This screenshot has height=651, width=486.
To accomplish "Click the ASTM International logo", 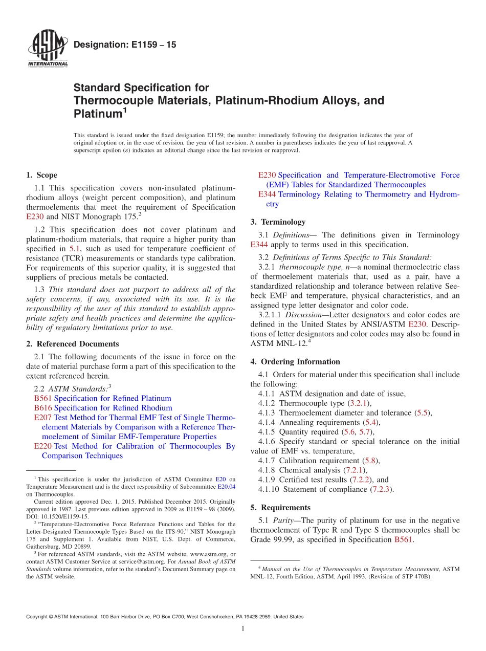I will (47, 49).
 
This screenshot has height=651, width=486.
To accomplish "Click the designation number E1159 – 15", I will (125, 45).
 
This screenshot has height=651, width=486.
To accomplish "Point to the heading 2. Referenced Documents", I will (72, 344).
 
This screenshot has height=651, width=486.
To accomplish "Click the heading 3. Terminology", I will (278, 222).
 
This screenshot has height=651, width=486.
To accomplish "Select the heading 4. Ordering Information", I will (295, 362).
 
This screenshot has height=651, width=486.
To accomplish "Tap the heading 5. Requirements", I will (280, 508).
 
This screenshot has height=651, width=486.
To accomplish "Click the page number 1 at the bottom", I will (243, 629).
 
